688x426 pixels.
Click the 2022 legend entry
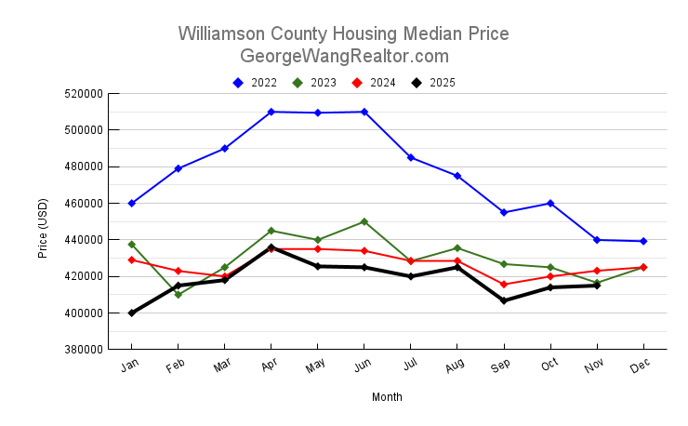[256, 83]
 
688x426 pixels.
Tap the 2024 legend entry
[375, 83]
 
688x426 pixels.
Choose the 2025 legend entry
[434, 83]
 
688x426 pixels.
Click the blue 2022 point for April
[271, 112]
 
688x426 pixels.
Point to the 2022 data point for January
[132, 203]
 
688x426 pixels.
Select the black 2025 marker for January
[132, 313]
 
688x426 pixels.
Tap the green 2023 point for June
[364, 221]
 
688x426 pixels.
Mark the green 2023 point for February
[179, 295]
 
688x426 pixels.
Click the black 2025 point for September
[504, 300]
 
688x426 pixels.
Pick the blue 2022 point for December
[643, 241]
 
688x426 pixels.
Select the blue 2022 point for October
[550, 203]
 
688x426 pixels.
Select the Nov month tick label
[593, 368]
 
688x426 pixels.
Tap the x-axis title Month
[387, 397]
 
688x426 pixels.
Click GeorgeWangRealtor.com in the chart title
[344, 56]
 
